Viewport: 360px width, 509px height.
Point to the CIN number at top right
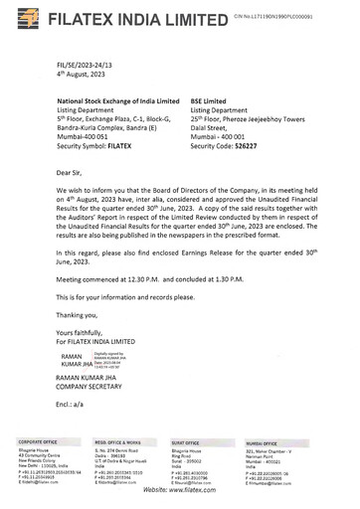click(299, 18)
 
